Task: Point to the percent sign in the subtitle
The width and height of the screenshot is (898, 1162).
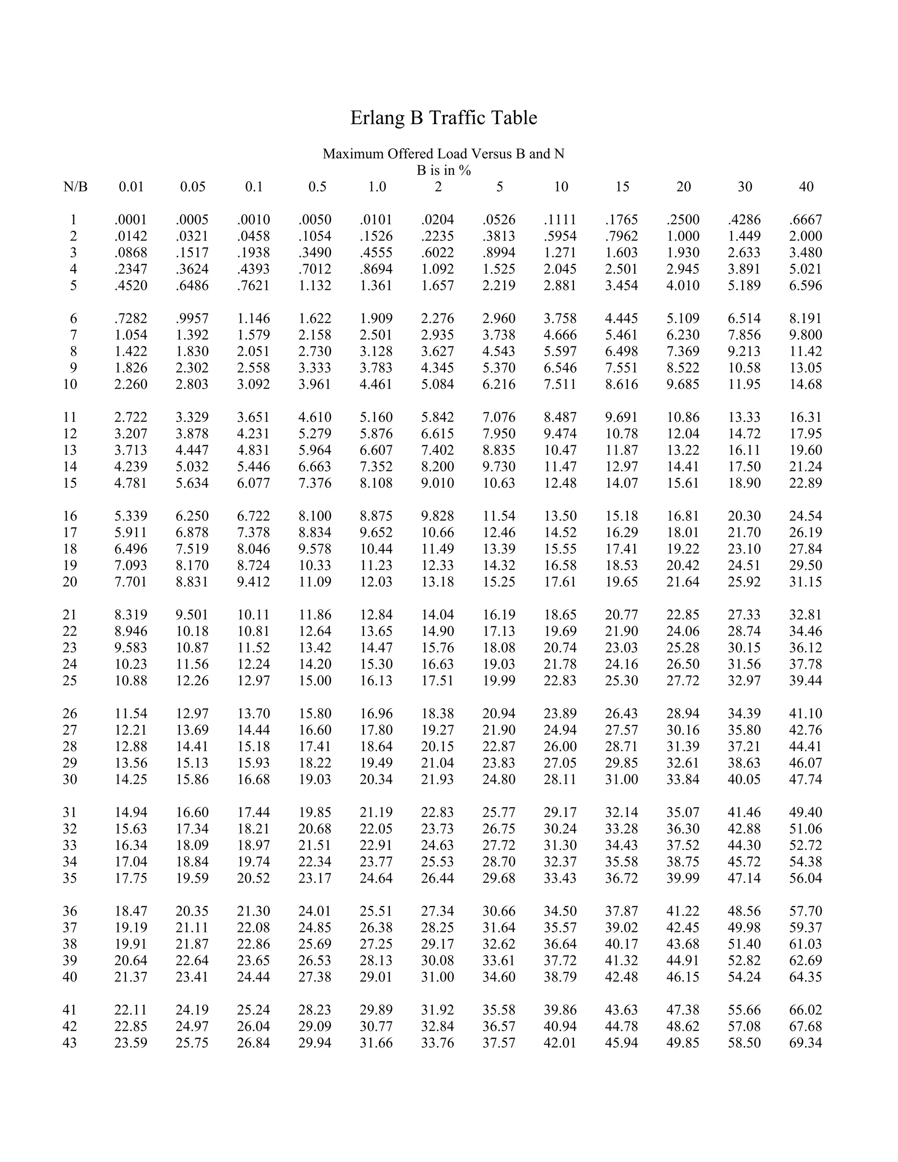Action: tap(466, 170)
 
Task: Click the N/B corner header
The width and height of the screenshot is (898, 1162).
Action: tap(75, 187)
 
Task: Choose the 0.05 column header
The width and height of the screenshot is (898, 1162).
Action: tap(192, 187)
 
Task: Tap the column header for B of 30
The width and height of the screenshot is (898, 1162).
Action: tap(745, 187)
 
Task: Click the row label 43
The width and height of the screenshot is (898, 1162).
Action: tap(70, 1042)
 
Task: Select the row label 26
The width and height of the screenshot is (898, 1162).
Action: tap(70, 713)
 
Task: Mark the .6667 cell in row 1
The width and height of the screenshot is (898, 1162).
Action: tap(805, 220)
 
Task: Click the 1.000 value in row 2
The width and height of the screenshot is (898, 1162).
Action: tap(683, 236)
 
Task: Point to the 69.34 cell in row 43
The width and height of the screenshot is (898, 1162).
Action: tap(805, 1042)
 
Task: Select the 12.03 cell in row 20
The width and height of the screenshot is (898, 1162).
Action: tap(376, 581)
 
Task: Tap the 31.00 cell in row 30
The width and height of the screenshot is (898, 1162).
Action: tap(621, 780)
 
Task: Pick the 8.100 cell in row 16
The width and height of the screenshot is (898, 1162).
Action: tap(315, 516)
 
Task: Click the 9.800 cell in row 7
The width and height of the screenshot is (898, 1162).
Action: tap(805, 335)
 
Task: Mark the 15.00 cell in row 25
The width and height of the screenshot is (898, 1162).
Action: tap(315, 681)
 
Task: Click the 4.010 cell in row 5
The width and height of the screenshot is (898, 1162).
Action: tap(683, 286)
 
